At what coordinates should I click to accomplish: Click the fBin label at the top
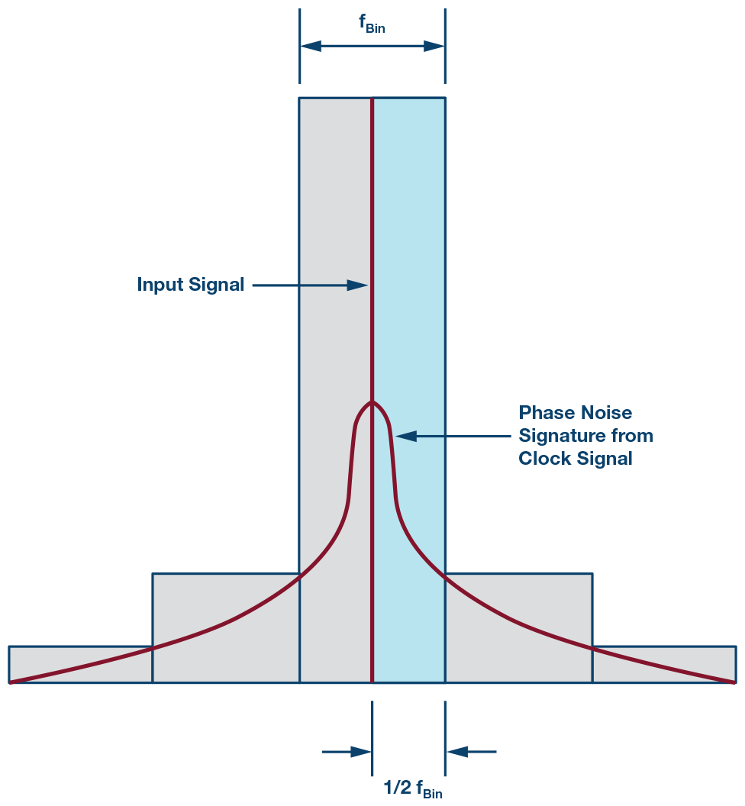372,22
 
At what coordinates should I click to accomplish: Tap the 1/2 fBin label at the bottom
412,788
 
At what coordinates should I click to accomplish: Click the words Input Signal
191,285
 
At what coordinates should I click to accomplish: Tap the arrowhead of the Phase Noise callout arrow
405,436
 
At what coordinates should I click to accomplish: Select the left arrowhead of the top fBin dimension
309,47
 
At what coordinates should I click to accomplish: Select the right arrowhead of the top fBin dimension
435,47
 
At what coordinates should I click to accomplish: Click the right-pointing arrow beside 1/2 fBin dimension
348,752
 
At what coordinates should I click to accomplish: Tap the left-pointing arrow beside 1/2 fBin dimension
469,752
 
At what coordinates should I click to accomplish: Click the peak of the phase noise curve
372,402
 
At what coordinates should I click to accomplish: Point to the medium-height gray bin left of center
221,611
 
